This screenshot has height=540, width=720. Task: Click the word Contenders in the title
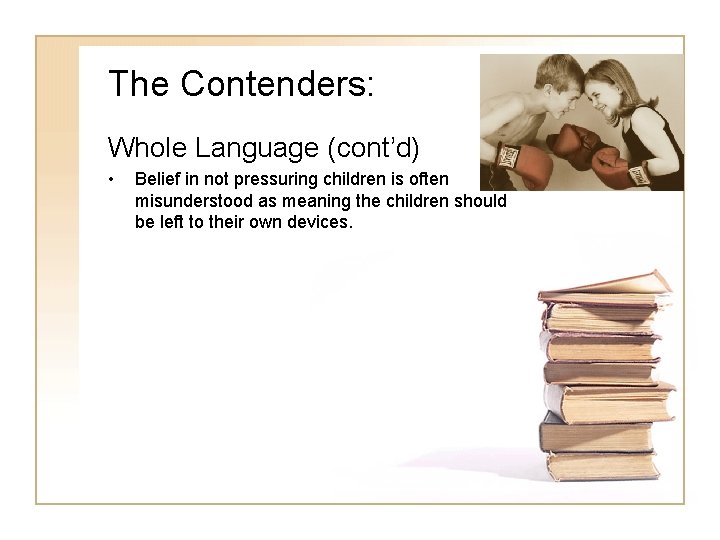pyautogui.click(x=277, y=84)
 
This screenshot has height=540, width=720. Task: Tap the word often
pyautogui.click(x=430, y=179)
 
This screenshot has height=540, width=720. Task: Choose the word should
pyautogui.click(x=480, y=200)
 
